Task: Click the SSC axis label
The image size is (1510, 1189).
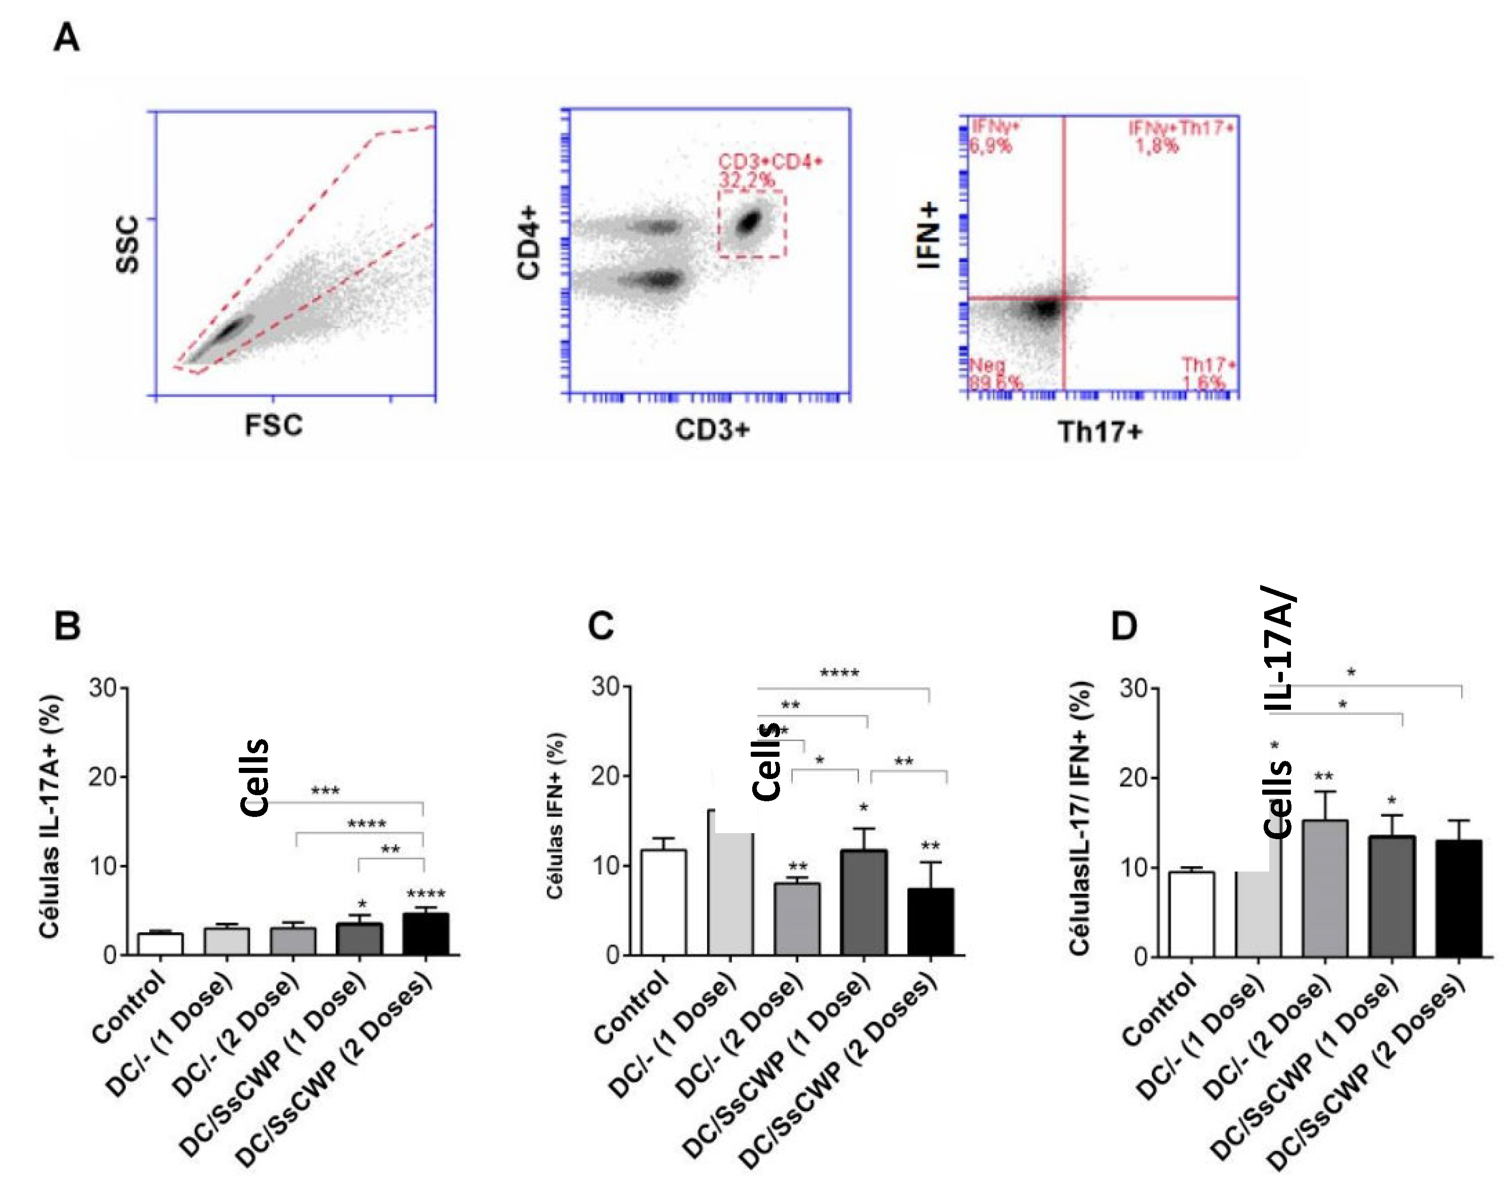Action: click(128, 244)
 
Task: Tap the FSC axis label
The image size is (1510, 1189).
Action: click(274, 425)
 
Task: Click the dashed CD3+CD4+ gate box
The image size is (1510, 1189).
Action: click(752, 224)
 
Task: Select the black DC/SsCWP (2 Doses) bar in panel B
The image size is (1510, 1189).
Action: click(426, 934)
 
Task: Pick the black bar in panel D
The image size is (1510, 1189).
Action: click(1458, 898)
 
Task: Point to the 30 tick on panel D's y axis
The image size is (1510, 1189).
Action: click(1133, 689)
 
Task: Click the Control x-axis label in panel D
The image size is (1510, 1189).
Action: click(1159, 1010)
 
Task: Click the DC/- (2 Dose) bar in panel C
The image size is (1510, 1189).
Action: click(797, 919)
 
